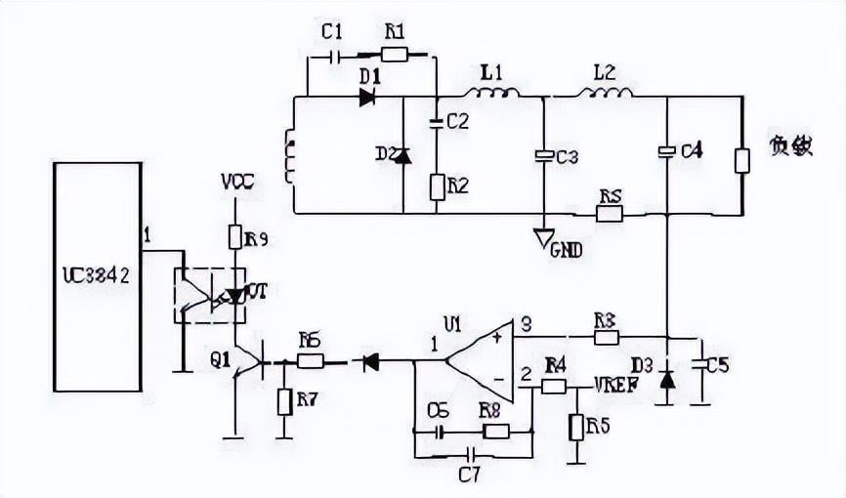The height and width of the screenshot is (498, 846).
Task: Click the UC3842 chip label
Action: [x=96, y=276]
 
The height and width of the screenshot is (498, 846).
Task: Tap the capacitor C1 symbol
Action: [x=337, y=56]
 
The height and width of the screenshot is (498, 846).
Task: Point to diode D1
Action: [x=368, y=96]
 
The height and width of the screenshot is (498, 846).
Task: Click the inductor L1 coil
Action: [x=490, y=94]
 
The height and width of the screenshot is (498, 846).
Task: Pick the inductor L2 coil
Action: [x=607, y=94]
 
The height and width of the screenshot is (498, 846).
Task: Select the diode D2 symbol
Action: [x=402, y=154]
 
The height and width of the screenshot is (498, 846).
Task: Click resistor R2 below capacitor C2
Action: [x=437, y=186]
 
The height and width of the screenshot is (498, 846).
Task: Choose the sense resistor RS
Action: [x=610, y=213]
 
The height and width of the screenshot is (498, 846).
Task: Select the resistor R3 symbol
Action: [x=606, y=337]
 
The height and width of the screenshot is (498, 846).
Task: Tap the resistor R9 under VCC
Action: [x=235, y=237]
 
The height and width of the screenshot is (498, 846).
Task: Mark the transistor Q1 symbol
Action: [x=248, y=363]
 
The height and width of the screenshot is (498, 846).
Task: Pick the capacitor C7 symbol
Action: [x=473, y=455]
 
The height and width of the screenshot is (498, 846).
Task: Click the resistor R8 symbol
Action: [x=495, y=431]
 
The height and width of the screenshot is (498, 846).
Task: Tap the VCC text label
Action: [x=237, y=183]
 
